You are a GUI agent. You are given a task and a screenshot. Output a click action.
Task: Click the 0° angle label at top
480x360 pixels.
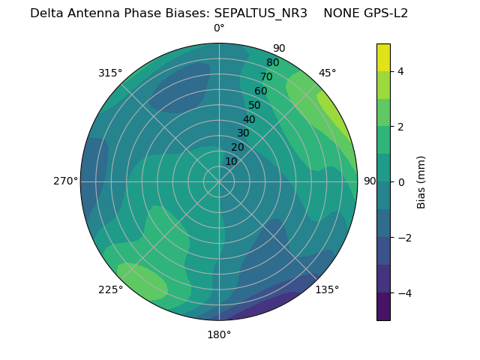(x=219, y=28)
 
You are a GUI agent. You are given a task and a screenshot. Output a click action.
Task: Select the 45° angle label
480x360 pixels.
(x=327, y=73)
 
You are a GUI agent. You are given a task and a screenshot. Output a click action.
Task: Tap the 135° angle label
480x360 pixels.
(x=327, y=289)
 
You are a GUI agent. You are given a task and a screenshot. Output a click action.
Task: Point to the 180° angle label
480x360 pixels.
(x=219, y=334)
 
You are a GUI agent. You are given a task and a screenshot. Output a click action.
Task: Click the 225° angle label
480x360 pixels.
(x=110, y=289)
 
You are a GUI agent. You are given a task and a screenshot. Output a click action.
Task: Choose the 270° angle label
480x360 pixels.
(x=65, y=181)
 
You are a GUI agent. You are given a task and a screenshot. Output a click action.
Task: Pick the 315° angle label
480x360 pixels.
(x=110, y=73)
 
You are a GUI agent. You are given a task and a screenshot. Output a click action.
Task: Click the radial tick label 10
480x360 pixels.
(x=231, y=161)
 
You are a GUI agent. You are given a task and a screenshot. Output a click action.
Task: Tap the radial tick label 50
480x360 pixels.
(x=254, y=105)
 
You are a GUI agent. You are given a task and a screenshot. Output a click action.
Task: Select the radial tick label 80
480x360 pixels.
(x=272, y=62)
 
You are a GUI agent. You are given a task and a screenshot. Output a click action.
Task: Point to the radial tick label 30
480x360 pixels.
(x=243, y=133)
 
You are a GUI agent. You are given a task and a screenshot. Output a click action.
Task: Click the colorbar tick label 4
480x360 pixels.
(x=400, y=71)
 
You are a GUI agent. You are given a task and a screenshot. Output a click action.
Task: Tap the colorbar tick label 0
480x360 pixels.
(x=400, y=182)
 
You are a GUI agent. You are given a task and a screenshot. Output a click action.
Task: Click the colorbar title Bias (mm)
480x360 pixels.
(x=421, y=181)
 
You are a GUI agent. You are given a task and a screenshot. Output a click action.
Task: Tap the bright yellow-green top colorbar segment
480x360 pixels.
(x=383, y=57)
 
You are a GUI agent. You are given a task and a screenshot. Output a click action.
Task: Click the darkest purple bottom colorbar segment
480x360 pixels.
(x=383, y=306)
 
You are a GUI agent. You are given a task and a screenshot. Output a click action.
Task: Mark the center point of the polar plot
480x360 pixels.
(x=219, y=181)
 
